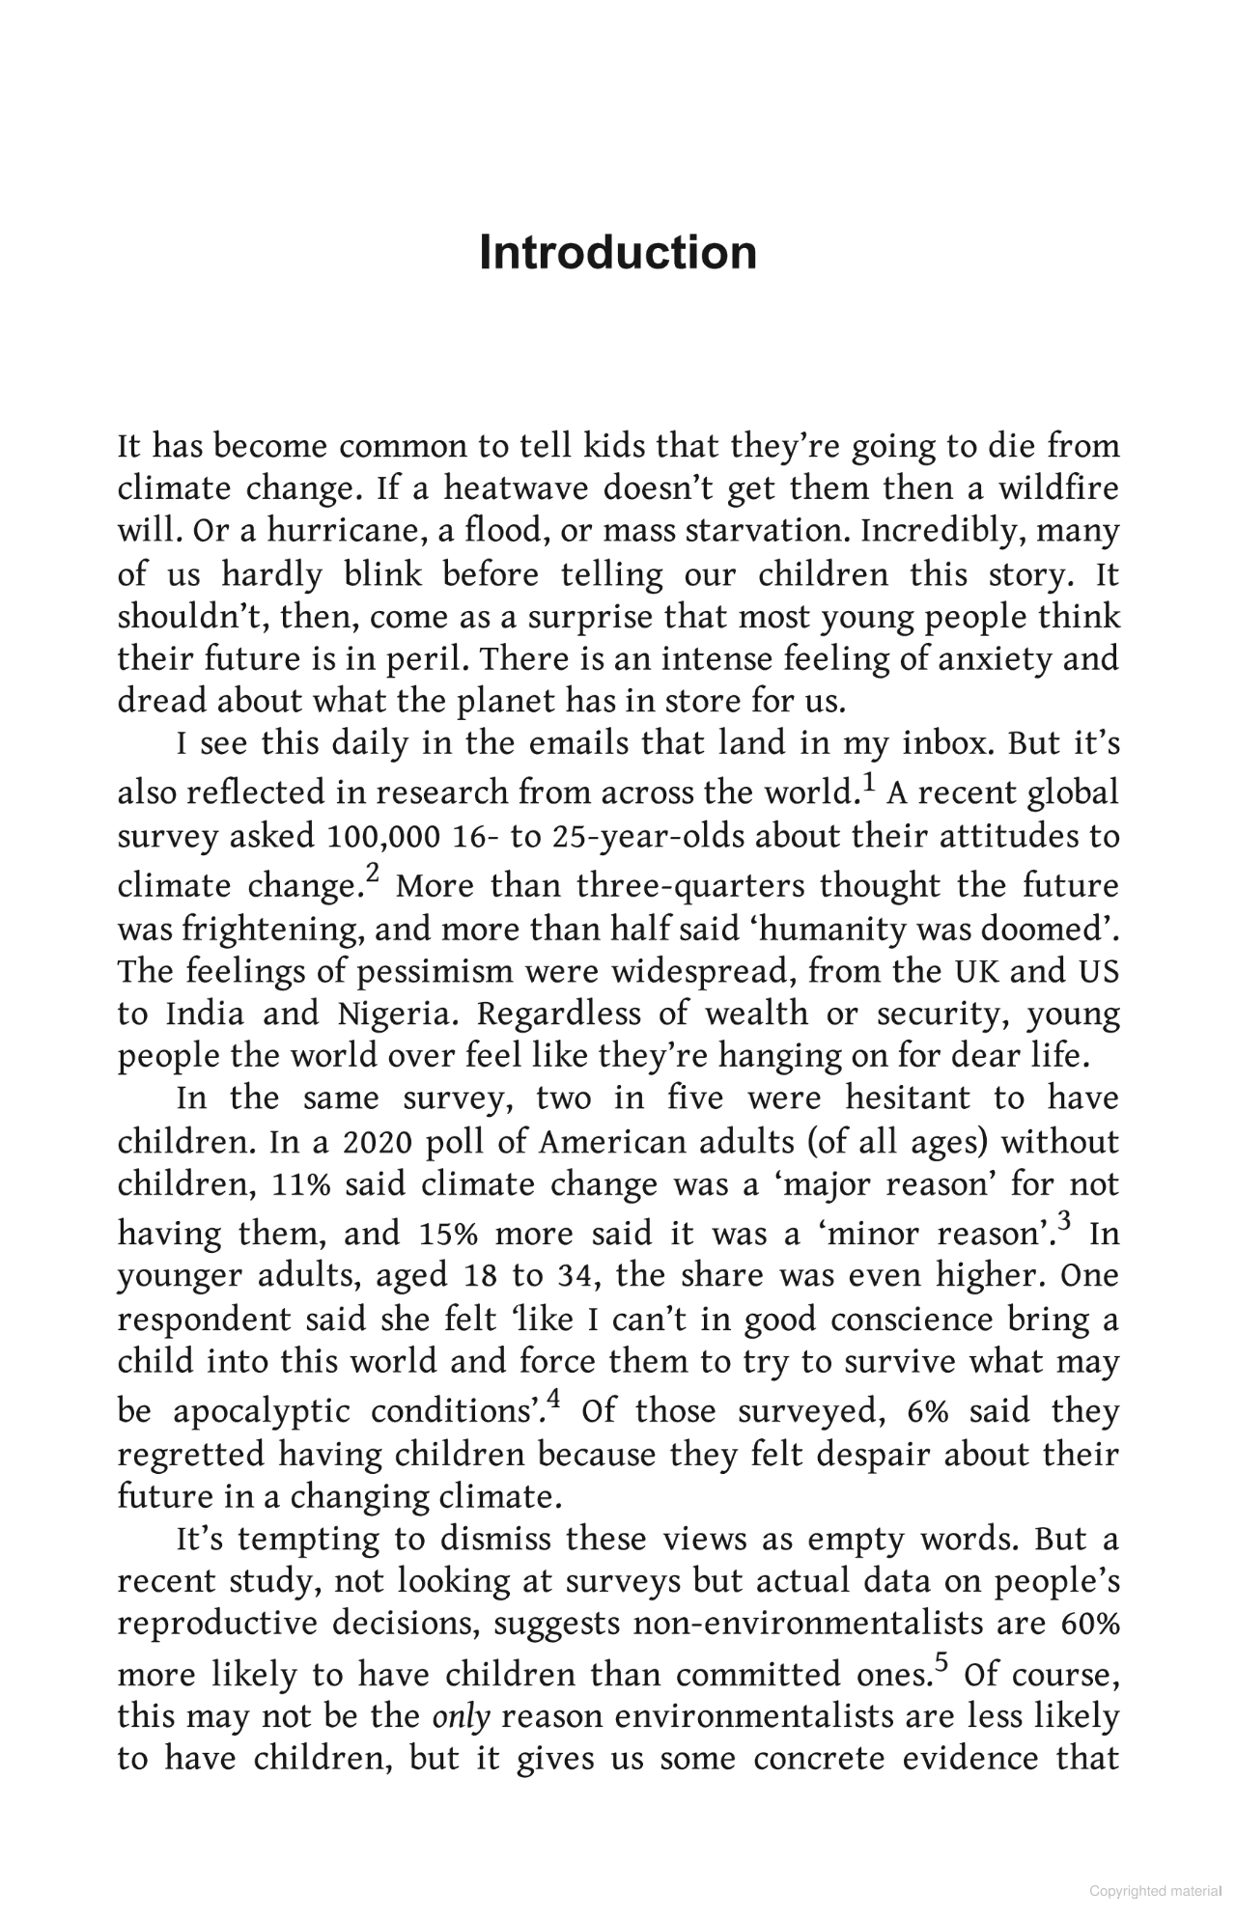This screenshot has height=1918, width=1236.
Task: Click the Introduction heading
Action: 618,253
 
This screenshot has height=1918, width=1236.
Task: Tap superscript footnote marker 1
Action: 867,782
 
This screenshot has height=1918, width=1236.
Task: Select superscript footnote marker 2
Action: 373,875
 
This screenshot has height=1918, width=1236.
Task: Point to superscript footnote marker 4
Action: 554,1400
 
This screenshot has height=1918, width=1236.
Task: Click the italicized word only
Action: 462,1717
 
